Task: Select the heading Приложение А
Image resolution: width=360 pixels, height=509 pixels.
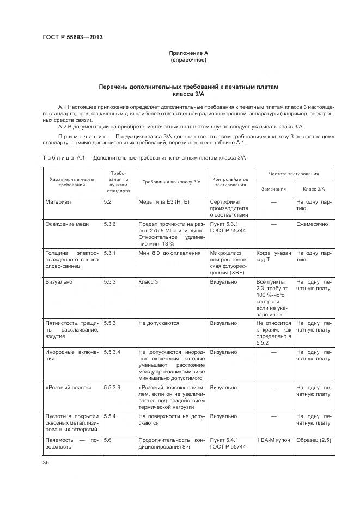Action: pyautogui.click(x=188, y=53)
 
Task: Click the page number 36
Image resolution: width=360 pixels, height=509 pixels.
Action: pyautogui.click(x=46, y=463)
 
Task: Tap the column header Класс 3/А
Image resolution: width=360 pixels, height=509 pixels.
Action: pyautogui.click(x=313, y=188)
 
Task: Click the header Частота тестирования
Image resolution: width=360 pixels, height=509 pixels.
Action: pyautogui.click(x=294, y=174)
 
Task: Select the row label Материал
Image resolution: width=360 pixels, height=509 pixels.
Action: pyautogui.click(x=58, y=201)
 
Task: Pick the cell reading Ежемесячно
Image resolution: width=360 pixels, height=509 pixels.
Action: pyautogui.click(x=312, y=224)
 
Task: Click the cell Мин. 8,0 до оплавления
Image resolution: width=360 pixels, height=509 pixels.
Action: pyautogui.click(x=162, y=253)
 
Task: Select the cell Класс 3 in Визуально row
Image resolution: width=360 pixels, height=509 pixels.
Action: pyautogui.click(x=148, y=282)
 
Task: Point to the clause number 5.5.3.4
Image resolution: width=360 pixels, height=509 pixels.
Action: pyautogui.click(x=112, y=352)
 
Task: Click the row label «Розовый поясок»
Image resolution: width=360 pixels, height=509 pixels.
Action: pyautogui.click(x=68, y=387)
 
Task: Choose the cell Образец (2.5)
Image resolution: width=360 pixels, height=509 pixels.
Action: pyautogui.click(x=313, y=440)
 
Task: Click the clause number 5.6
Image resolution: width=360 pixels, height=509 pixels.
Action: pyautogui.click(x=107, y=440)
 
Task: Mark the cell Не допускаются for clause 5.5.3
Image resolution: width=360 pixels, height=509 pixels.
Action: pyautogui.click(x=159, y=323)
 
